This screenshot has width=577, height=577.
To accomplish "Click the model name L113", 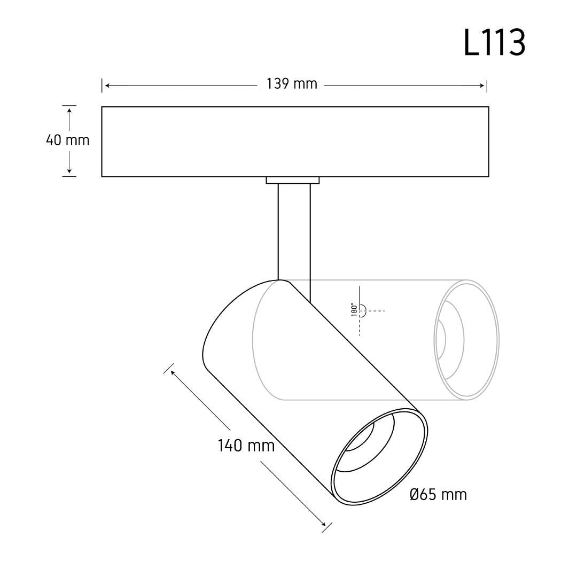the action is (494, 43).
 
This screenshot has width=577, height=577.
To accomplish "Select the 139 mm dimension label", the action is (292, 84).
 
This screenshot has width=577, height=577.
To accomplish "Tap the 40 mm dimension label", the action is (68, 140).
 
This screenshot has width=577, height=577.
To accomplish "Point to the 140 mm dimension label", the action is (246, 446).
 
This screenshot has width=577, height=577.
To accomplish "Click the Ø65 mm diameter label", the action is (438, 495).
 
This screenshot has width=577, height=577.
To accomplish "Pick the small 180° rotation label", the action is (354, 310).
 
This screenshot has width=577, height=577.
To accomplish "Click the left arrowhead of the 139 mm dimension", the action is (107, 85).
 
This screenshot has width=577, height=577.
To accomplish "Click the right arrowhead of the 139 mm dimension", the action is (482, 85).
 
